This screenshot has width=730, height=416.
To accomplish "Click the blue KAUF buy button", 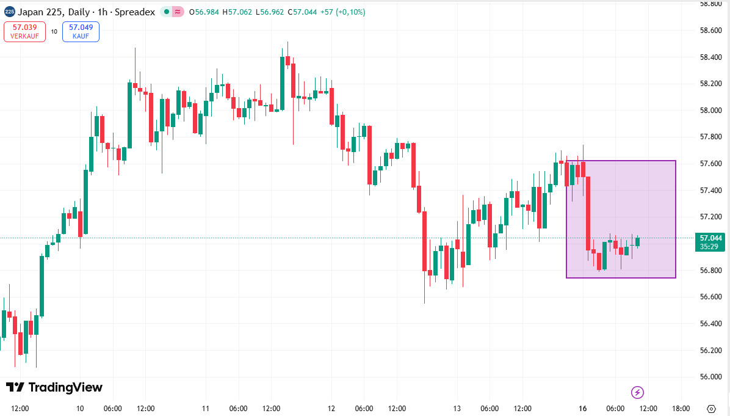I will click(81, 31).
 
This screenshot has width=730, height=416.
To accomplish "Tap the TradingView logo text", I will click(54, 387).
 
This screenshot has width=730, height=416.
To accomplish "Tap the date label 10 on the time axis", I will click(80, 408).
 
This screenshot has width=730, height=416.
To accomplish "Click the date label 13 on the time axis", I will click(457, 408).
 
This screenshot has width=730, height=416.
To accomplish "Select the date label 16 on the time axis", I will click(583, 408).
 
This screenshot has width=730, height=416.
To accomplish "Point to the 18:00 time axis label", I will click(681, 408).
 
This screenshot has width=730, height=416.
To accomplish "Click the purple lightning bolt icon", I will click(637, 392).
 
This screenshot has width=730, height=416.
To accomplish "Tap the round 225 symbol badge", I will click(9, 12).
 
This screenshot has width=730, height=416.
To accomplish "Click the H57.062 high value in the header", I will click(238, 12).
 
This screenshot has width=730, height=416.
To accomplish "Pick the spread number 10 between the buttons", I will click(54, 32).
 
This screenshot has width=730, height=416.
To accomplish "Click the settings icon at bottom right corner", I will click(711, 408).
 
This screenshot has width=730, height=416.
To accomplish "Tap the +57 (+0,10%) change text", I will click(342, 12).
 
